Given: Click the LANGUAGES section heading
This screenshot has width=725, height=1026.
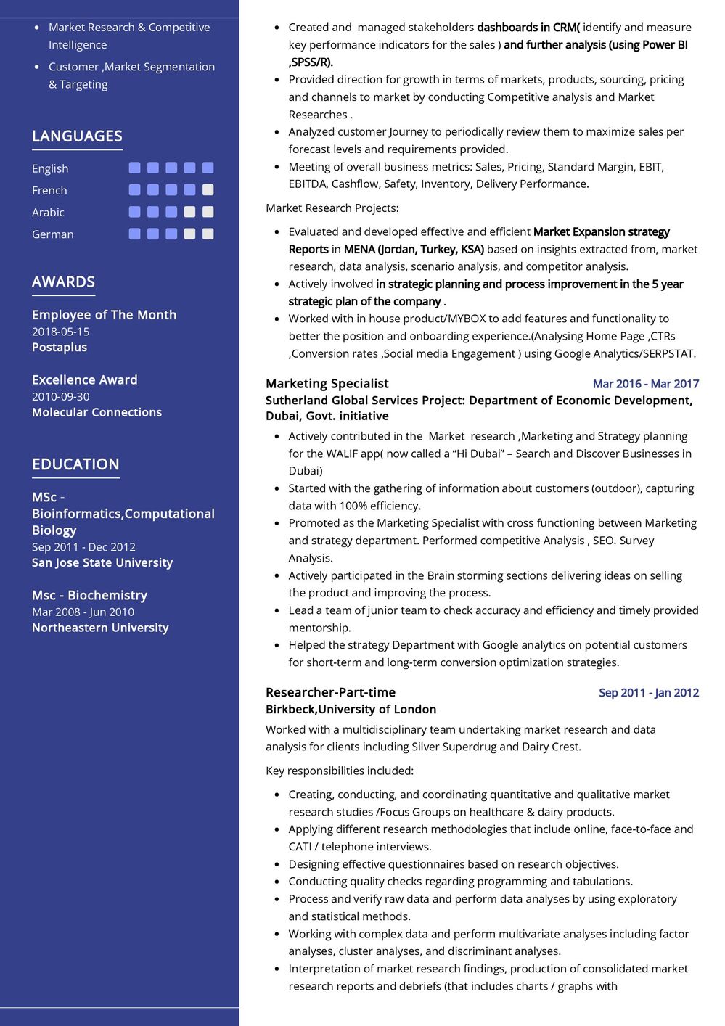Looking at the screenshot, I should click(x=77, y=136).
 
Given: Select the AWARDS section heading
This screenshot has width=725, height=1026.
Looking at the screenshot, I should click(x=63, y=282).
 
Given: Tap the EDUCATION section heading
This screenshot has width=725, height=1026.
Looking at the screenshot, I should click(x=75, y=464).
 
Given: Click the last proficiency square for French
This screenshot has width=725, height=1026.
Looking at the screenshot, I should click(x=208, y=190).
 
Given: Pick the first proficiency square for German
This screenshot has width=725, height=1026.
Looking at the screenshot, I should click(x=134, y=234).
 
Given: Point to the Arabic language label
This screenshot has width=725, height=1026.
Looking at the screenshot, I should click(x=48, y=213).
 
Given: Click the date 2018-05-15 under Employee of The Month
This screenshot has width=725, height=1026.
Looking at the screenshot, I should click(x=61, y=332).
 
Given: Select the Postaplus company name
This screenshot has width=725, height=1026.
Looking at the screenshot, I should click(x=60, y=348).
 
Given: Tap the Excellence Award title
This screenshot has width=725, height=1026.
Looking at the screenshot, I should click(x=84, y=380).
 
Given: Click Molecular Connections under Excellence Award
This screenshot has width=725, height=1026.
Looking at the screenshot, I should click(x=97, y=412).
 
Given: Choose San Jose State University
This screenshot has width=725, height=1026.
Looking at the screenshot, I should click(x=102, y=563).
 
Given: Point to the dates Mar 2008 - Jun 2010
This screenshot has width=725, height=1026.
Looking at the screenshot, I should click(x=83, y=612).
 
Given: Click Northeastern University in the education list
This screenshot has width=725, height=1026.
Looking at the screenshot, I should click(x=100, y=628).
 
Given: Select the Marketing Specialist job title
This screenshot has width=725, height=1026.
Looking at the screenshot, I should click(x=327, y=384).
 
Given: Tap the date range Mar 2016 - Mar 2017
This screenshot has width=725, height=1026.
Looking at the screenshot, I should click(x=645, y=384).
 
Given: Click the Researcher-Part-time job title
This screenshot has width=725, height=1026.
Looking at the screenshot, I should click(x=330, y=693).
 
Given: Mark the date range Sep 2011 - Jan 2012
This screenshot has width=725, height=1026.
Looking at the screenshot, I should click(x=648, y=693).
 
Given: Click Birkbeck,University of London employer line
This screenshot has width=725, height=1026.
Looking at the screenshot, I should click(x=351, y=710).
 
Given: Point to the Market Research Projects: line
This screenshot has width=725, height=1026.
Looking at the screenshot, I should click(x=332, y=208).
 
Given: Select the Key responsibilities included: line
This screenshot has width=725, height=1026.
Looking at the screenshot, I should click(x=339, y=771).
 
